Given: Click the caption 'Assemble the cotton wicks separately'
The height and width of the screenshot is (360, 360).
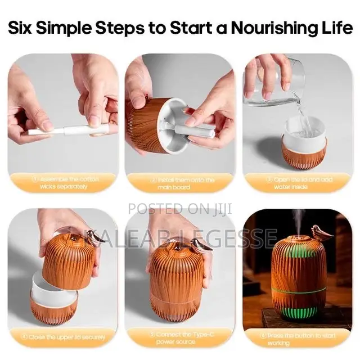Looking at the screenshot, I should [64, 182].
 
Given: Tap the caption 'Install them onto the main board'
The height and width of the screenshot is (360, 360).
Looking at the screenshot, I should [180, 182].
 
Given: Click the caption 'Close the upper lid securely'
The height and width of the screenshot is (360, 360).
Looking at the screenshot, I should [64, 337].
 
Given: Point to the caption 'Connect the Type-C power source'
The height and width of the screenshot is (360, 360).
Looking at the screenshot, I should [180, 337].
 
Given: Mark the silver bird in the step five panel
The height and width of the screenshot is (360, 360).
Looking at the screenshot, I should [199, 243].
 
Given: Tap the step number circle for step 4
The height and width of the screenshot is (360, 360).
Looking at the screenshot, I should [25, 337].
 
